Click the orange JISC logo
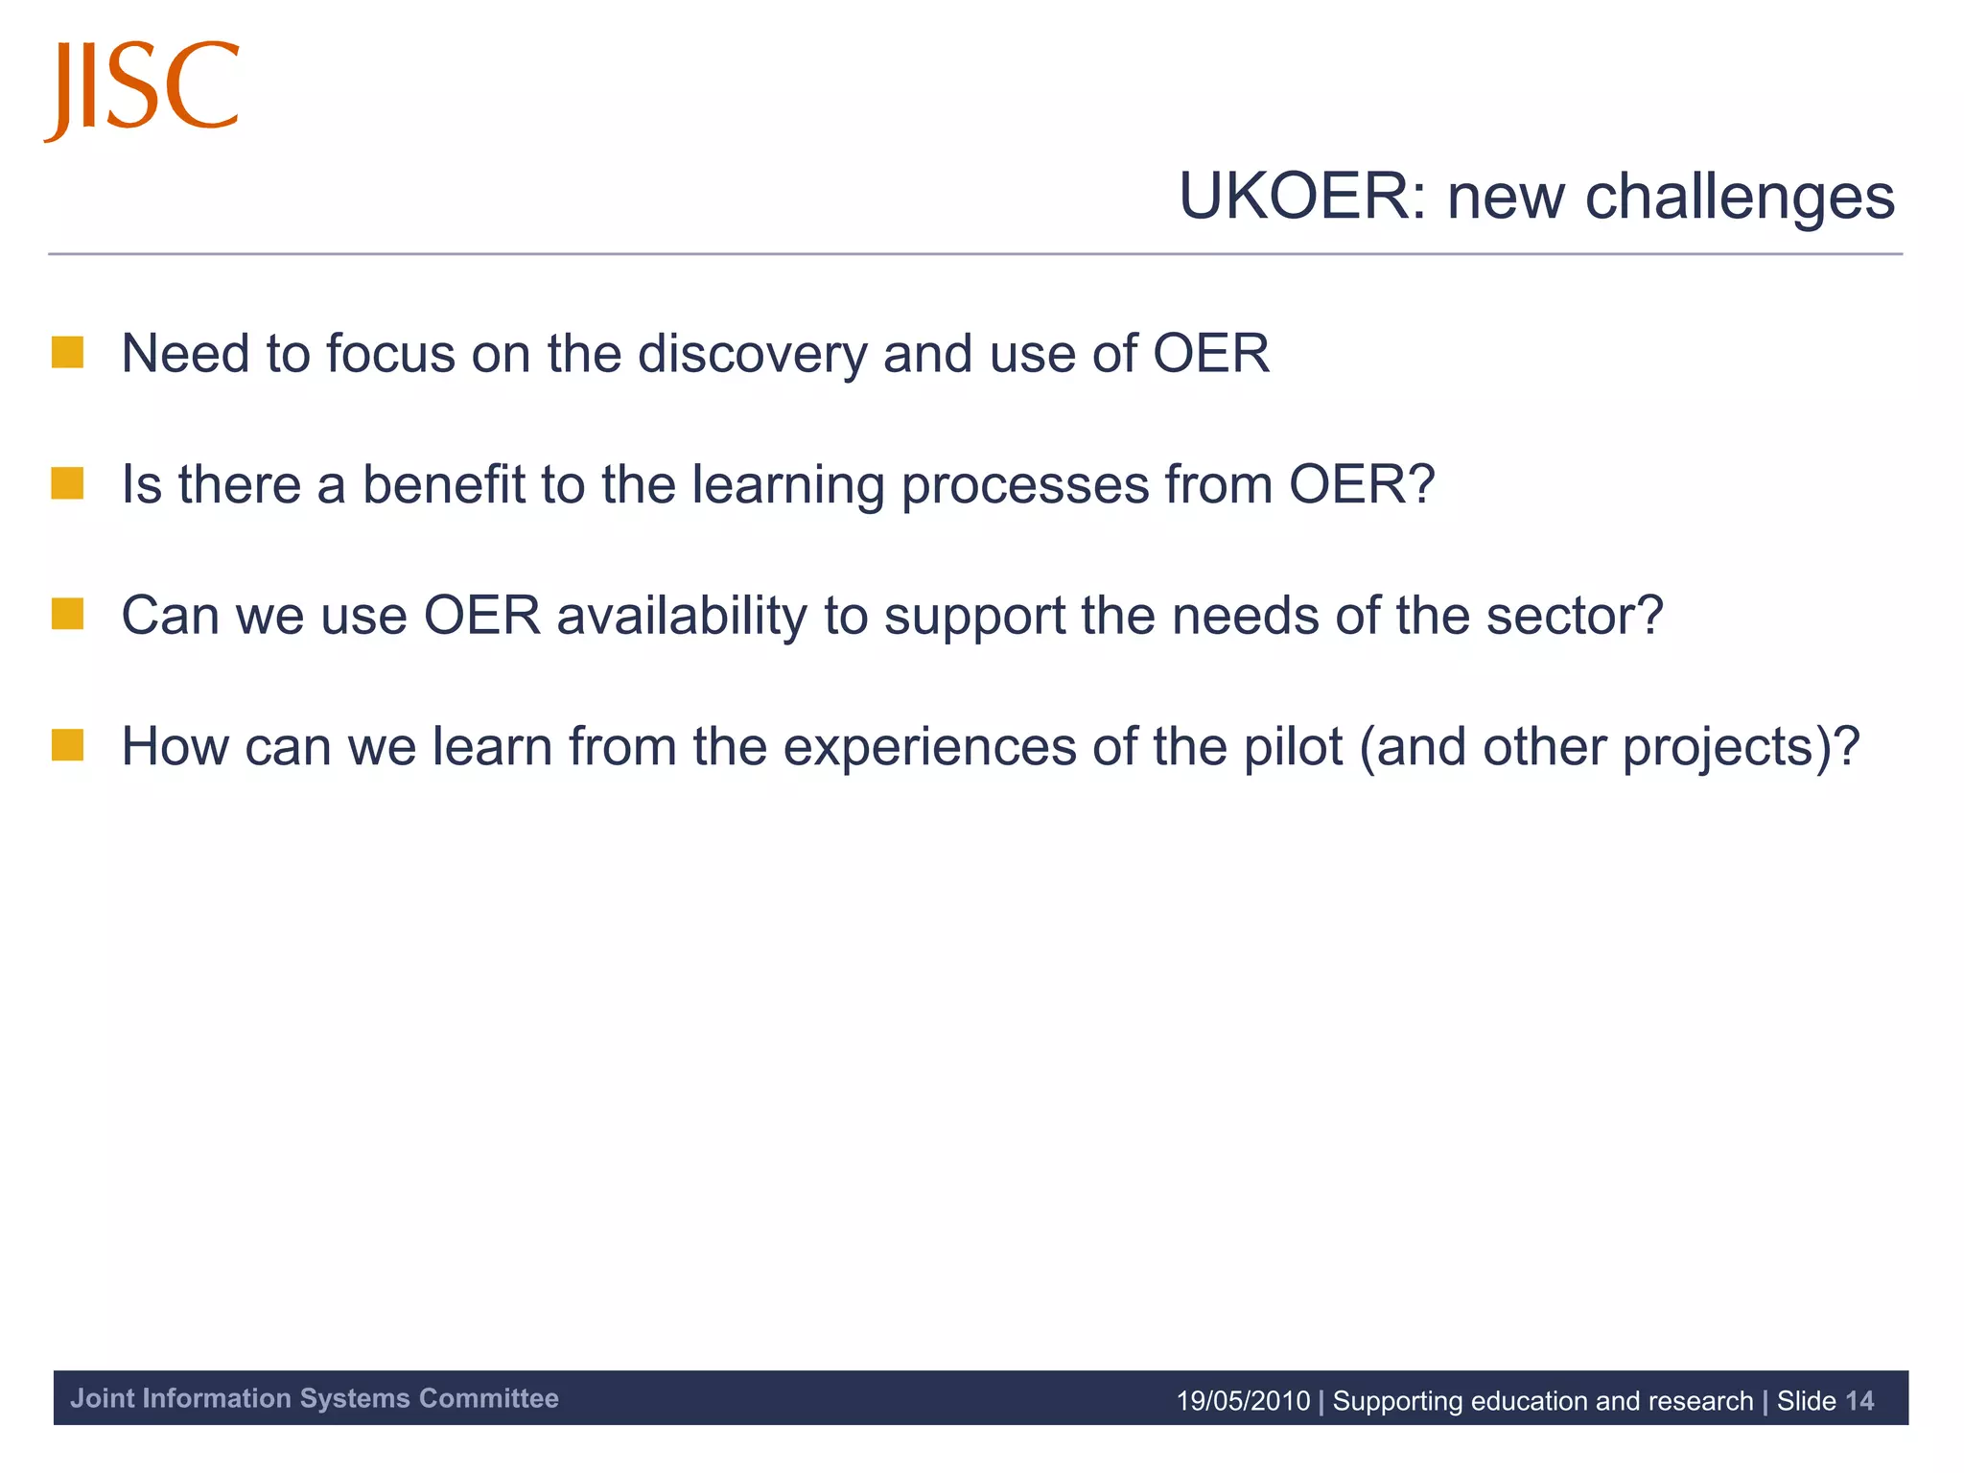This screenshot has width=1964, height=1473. [141, 89]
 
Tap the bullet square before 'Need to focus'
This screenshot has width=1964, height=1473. [67, 352]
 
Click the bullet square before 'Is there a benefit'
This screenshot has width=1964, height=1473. [67, 483]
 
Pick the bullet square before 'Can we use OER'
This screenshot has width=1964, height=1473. [67, 614]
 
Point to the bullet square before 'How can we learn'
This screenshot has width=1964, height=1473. [67, 745]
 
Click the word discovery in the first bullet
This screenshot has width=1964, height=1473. [752, 354]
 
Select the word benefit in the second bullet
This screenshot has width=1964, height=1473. [442, 484]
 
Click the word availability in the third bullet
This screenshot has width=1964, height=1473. [682, 616]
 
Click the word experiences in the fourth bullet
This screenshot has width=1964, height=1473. [929, 747]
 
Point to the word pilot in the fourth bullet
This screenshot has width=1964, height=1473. [1292, 747]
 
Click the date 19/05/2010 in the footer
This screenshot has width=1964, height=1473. [1242, 1401]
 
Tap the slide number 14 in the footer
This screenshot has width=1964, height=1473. [1859, 1401]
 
